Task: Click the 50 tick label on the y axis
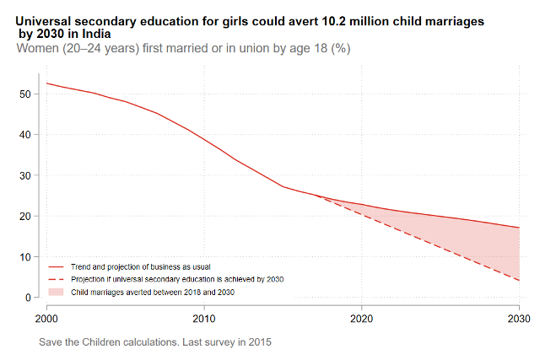25,94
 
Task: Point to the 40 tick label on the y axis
25,134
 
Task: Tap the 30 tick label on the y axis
25,175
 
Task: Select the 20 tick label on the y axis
25,216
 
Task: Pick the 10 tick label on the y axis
25,256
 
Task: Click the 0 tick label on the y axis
28,298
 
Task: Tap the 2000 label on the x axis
46,319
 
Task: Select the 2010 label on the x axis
203,319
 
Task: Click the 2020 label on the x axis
361,319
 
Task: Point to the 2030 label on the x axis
518,319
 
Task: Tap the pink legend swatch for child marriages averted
57,291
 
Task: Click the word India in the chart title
97,35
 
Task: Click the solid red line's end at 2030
518,228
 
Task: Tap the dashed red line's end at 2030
518,281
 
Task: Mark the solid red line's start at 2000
46,83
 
